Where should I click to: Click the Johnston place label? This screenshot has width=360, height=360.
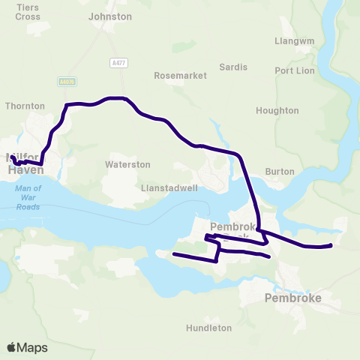[109, 16]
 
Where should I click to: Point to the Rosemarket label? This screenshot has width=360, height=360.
[174, 76]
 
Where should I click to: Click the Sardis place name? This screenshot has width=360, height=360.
[233, 67]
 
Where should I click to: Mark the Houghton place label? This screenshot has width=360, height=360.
[277, 110]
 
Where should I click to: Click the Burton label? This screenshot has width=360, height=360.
[280, 171]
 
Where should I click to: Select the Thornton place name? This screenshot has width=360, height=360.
[25, 106]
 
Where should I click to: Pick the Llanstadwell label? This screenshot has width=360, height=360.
[169, 187]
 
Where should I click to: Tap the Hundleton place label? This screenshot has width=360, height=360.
[207, 328]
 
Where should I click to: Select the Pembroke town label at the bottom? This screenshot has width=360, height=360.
[293, 298]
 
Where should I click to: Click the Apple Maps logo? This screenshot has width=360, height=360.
[27, 347]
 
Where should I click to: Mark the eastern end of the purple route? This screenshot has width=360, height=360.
[331, 244]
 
